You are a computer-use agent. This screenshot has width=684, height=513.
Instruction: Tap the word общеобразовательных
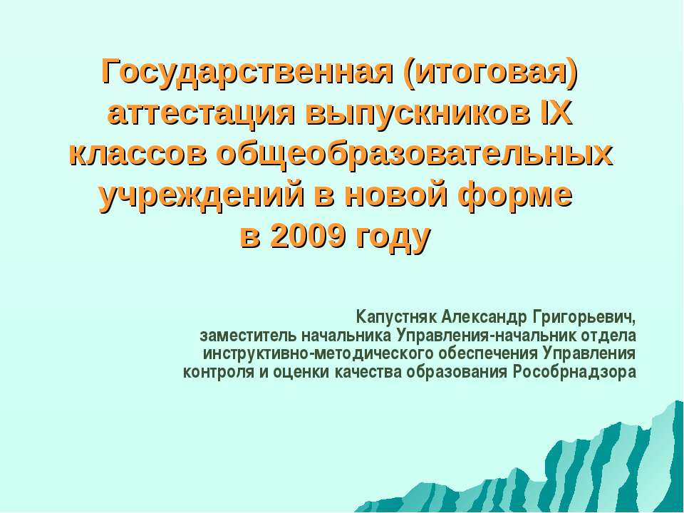(x=415, y=154)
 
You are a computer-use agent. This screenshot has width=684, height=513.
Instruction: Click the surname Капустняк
(x=397, y=316)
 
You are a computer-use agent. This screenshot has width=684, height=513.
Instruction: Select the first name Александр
(x=484, y=316)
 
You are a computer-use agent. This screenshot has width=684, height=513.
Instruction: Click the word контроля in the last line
(x=214, y=372)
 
